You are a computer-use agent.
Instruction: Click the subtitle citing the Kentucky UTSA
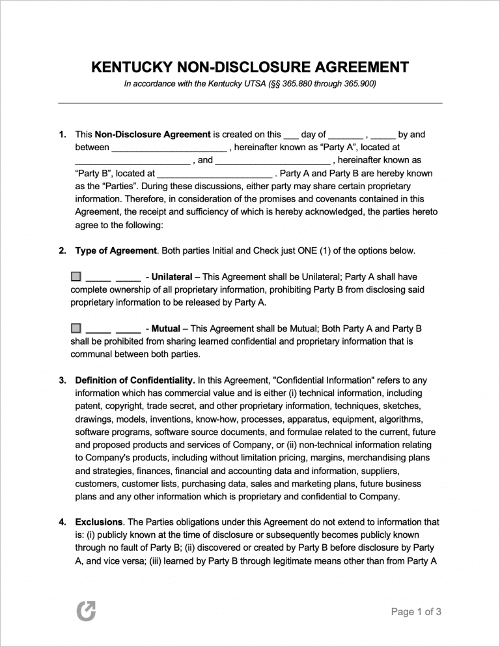pyautogui.click(x=250, y=85)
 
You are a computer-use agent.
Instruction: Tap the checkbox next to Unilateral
pyautogui.click(x=76, y=276)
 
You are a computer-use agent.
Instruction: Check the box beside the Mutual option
pyautogui.click(x=76, y=328)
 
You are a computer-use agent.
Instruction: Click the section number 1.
pyautogui.click(x=62, y=135)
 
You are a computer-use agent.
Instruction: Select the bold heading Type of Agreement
pyautogui.click(x=116, y=250)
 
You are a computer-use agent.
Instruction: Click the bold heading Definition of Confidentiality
pyautogui.click(x=135, y=380)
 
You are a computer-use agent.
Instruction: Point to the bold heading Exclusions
pyautogui.click(x=99, y=522)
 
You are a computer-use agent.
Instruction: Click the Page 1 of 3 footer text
pyautogui.click(x=416, y=611)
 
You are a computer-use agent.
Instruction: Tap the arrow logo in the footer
pyautogui.click(x=85, y=611)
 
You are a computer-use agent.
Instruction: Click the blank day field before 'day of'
pyautogui.click(x=291, y=135)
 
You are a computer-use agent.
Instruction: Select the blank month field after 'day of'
pyautogui.click(x=346, y=135)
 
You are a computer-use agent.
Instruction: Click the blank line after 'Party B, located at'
pyautogui.click(x=214, y=174)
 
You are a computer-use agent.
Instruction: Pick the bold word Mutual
pyautogui.click(x=165, y=328)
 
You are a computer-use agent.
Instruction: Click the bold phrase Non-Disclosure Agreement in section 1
pyautogui.click(x=152, y=135)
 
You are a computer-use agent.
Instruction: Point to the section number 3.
pyautogui.click(x=62, y=380)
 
